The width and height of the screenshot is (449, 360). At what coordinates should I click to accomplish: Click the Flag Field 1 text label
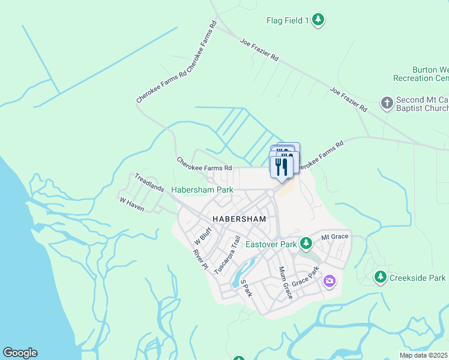[x=288, y=21]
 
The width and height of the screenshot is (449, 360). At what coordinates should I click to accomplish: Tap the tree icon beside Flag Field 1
[x=318, y=20]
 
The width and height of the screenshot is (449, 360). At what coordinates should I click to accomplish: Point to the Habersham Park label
[x=202, y=190]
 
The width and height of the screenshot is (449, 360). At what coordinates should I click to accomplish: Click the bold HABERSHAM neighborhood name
[x=238, y=219]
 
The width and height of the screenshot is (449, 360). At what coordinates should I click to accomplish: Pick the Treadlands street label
[x=149, y=182]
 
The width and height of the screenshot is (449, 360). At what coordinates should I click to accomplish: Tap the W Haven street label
[x=132, y=204]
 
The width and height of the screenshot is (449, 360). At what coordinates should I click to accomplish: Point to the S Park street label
[x=246, y=288]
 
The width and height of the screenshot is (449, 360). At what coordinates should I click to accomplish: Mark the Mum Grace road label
[x=285, y=283]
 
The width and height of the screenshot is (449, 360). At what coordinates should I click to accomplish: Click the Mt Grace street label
[x=334, y=236]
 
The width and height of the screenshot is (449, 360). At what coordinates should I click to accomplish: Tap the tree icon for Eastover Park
[x=306, y=243]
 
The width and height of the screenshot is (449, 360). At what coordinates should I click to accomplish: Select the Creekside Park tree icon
[x=380, y=277]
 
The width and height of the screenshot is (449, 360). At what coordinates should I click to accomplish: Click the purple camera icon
[x=329, y=280]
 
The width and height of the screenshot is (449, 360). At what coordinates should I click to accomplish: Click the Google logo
[x=20, y=353]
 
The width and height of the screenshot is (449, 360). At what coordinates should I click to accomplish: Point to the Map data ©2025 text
[x=424, y=355]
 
